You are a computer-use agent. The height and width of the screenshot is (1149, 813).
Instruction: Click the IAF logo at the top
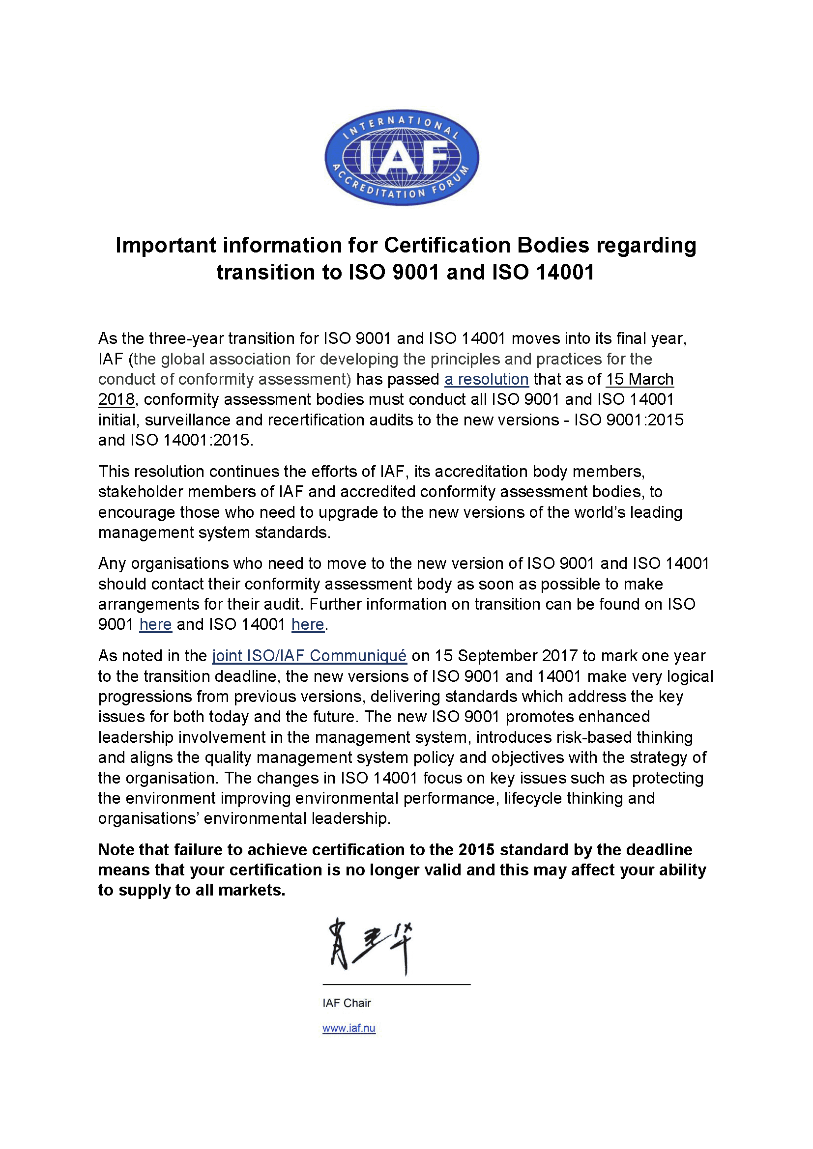coord(402,157)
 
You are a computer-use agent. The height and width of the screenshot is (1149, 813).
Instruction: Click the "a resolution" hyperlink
coord(486,379)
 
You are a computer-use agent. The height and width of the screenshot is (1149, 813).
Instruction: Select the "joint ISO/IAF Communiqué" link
coord(309,656)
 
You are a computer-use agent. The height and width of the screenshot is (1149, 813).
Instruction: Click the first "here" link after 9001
coord(155,624)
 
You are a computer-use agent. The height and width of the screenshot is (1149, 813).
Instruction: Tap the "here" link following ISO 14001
coord(307,624)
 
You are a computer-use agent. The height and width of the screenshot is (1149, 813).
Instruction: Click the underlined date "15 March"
coord(639,379)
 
